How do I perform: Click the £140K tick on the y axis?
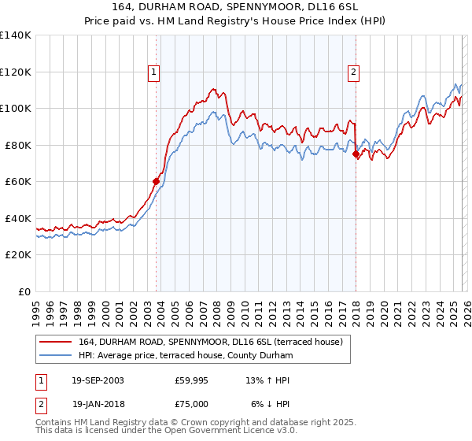tap(16, 35)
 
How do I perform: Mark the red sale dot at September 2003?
tap(156, 181)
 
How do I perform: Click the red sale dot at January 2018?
tap(356, 154)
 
